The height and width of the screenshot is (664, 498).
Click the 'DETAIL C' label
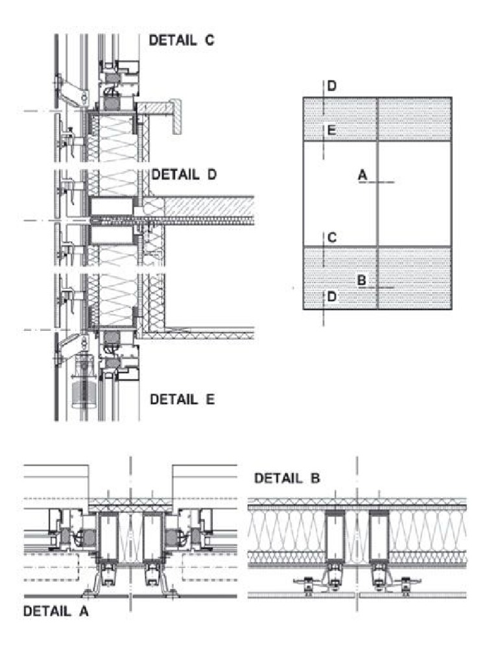coord(182,40)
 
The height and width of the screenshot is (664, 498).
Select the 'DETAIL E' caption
coord(182,399)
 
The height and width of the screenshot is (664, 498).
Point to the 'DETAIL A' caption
coord(56,611)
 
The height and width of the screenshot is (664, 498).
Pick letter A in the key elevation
coord(362,174)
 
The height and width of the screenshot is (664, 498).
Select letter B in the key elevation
coord(362,280)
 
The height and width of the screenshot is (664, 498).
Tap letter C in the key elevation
coord(331,238)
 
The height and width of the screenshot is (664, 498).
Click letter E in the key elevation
coord(331,130)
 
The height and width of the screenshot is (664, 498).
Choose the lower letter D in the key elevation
coord(331,296)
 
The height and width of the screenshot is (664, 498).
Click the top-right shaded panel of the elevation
coord(414,119)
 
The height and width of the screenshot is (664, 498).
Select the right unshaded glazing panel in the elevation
coord(414,193)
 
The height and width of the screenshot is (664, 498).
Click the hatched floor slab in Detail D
coord(207,207)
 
